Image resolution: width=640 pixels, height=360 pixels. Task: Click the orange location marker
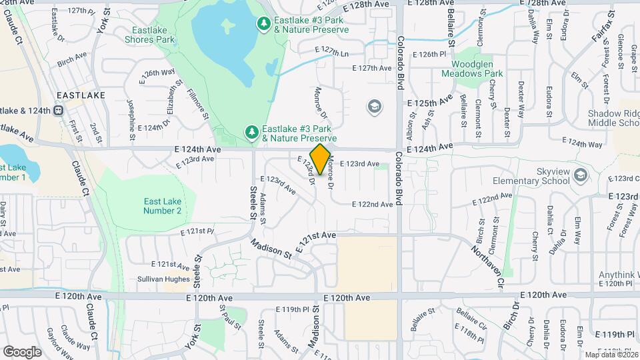[320, 159]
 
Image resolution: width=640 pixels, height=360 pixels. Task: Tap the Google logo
[22, 351]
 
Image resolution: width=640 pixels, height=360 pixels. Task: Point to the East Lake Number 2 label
[162, 206]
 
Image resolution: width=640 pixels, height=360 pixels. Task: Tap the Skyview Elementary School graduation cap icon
[581, 175]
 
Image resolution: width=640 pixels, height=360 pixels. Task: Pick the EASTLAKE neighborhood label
[81, 96]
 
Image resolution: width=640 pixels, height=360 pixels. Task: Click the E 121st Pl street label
[196, 231]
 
